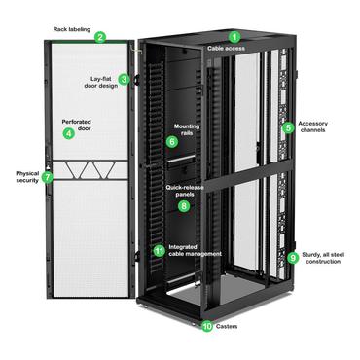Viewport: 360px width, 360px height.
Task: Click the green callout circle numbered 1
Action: [x=233, y=36]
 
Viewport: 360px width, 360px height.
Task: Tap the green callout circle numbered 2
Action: [x=100, y=38]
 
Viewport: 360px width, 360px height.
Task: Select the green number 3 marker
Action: [x=125, y=79]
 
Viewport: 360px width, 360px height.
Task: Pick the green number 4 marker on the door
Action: [x=68, y=133]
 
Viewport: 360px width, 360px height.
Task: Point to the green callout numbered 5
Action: [x=288, y=127]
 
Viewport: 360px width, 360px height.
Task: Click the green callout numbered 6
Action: [x=172, y=141]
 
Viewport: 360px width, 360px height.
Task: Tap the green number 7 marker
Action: [x=47, y=178]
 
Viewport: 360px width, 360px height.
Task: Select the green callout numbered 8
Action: [x=184, y=205]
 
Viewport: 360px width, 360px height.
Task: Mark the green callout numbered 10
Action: [x=206, y=327]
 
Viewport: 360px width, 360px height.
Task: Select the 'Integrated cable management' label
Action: [x=195, y=250]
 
